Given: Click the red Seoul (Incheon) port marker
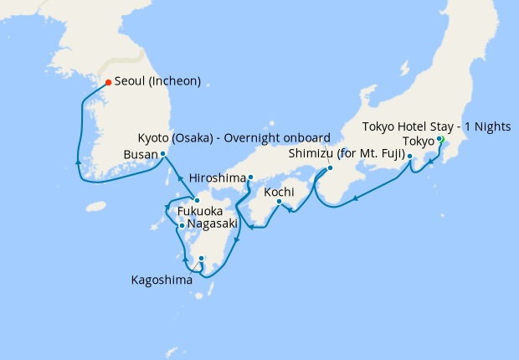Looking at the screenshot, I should [x=108, y=82].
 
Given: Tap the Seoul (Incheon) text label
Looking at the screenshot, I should [x=158, y=82].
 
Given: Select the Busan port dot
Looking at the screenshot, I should [x=162, y=154].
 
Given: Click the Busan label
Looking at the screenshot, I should [x=139, y=155].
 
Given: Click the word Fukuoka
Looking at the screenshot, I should [x=200, y=212].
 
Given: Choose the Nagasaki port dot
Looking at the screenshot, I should [x=181, y=224].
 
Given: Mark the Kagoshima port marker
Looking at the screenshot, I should [x=201, y=259].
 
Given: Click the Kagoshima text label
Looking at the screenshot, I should [x=161, y=280].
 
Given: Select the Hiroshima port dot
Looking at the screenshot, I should [x=249, y=177].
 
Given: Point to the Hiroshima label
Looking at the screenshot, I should [x=218, y=178].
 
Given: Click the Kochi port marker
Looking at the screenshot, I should [x=279, y=201].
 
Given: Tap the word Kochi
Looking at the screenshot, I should [x=279, y=192].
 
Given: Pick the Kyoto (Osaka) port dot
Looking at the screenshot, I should [x=329, y=167].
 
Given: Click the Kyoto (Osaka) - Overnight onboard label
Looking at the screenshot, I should [x=234, y=136].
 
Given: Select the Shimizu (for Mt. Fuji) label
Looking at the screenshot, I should [x=347, y=154].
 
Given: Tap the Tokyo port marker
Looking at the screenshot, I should [x=439, y=139].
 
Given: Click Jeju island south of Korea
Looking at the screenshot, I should [x=99, y=205].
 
